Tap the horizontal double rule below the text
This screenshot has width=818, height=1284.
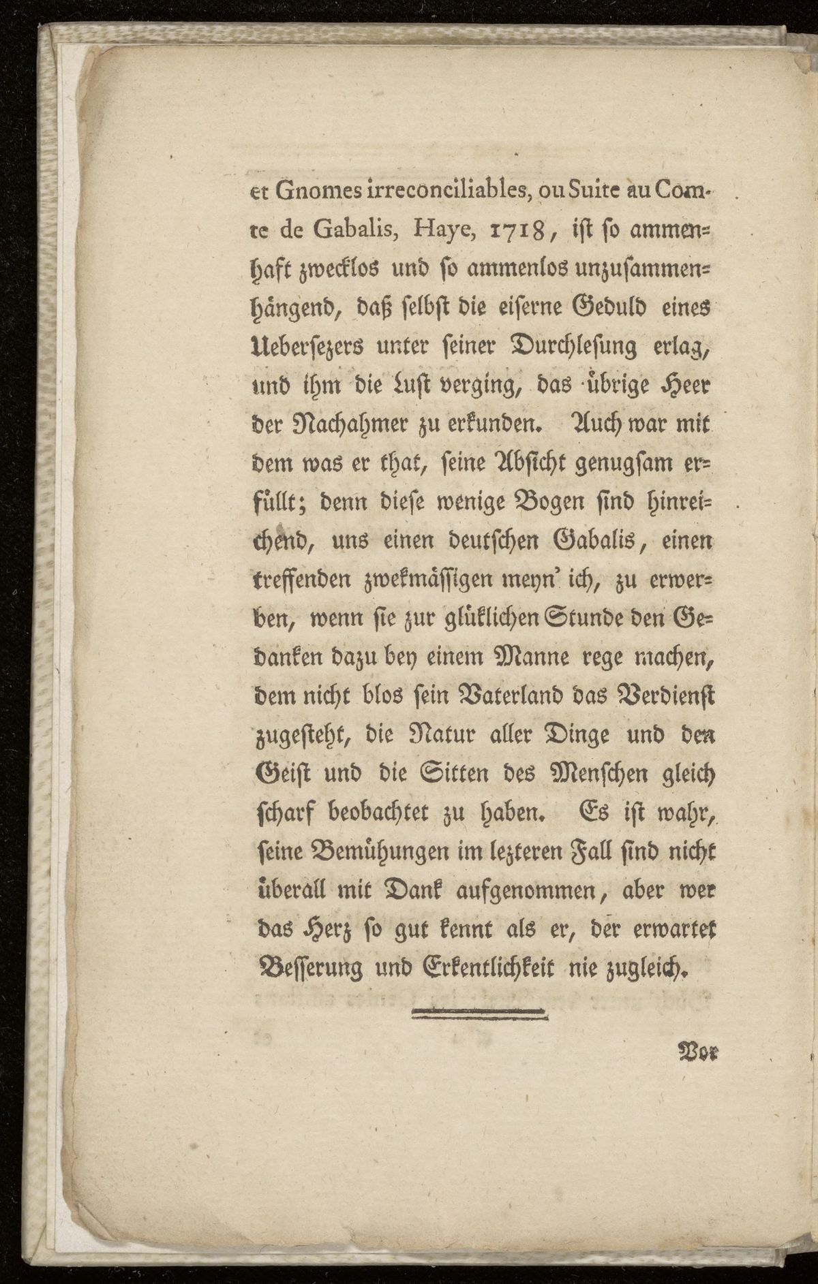(481, 1014)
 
